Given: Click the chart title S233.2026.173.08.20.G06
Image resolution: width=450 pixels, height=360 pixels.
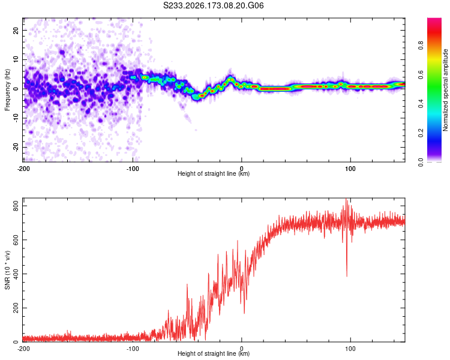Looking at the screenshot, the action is [x=213, y=5].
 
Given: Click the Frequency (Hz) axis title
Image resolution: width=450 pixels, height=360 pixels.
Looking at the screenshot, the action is [x=7, y=90].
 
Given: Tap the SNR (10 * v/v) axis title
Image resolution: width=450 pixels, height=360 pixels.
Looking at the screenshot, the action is [x=7, y=270].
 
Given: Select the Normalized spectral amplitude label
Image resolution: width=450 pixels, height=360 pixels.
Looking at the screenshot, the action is [x=445, y=90].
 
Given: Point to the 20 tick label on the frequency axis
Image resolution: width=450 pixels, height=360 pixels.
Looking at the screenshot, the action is [x=16, y=30].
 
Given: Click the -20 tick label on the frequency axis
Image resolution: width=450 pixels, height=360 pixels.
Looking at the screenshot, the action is [x=16, y=147].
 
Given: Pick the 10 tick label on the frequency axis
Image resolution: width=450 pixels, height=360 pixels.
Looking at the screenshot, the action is [x=16, y=59].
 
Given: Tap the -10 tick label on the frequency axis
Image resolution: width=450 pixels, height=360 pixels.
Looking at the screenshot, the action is [x=16, y=118].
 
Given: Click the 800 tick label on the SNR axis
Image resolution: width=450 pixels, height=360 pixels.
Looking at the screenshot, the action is [x=16, y=206].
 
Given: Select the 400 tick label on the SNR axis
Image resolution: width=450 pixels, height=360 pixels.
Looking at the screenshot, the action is [x=16, y=274].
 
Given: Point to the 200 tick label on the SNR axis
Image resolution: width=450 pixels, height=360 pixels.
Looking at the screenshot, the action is [x=16, y=308].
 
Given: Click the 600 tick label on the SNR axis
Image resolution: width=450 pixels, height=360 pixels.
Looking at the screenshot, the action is [x=16, y=240].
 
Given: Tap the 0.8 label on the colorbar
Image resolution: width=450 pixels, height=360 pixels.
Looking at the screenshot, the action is [x=421, y=46].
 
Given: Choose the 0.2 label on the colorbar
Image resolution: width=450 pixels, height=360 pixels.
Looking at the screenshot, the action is [x=421, y=133].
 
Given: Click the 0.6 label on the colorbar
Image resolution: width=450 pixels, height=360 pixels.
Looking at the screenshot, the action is [x=421, y=74].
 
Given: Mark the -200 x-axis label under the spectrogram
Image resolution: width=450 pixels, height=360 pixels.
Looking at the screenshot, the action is [x=23, y=169].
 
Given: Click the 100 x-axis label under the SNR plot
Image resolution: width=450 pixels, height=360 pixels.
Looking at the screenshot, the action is [x=350, y=349].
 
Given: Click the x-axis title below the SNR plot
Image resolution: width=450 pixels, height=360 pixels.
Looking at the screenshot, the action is [x=214, y=353].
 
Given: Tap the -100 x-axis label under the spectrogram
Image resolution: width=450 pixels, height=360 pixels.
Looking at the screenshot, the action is [x=133, y=169].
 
